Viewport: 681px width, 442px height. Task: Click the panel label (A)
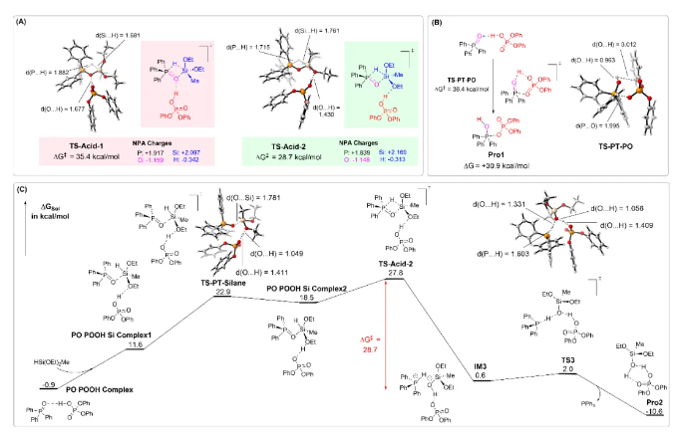[17, 13]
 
